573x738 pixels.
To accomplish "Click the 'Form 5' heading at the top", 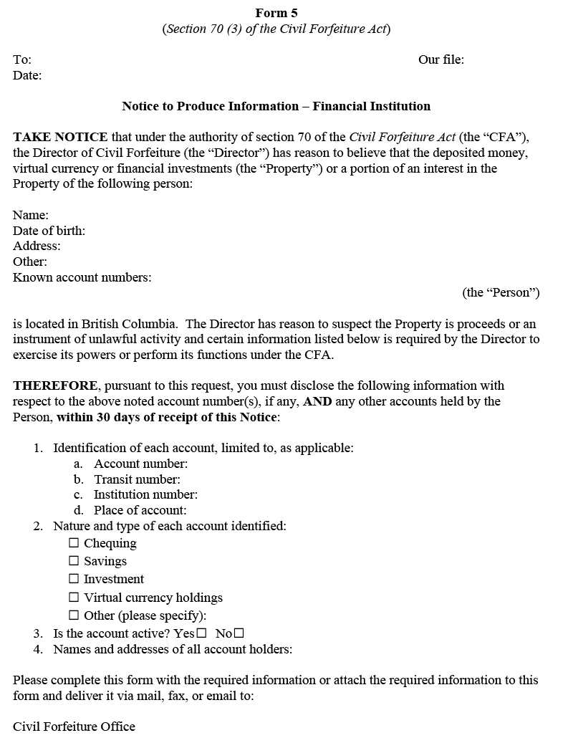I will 276,13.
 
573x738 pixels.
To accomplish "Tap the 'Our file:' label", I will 440,59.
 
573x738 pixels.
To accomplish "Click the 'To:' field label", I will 22,59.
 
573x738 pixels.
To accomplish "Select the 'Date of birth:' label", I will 49,231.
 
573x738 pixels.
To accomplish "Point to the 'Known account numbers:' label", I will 82,277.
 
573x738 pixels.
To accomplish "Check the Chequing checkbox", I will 74,543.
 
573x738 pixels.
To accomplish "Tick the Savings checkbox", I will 74,561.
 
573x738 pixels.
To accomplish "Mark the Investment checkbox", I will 74,579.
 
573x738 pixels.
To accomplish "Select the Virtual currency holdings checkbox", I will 74,597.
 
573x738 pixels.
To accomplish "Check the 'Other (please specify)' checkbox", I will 74,615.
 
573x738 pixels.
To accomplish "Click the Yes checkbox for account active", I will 201,633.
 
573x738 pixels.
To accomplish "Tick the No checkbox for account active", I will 239,633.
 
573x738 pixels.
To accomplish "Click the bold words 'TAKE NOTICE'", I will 60,137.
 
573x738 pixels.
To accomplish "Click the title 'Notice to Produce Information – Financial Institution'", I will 276,106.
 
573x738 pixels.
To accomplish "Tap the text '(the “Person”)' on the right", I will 501,292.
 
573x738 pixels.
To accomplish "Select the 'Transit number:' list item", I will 137,479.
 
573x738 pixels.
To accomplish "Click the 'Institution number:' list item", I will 145,494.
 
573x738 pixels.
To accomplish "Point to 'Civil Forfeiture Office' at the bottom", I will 74,727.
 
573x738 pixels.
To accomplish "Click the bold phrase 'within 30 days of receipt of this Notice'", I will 167,417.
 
